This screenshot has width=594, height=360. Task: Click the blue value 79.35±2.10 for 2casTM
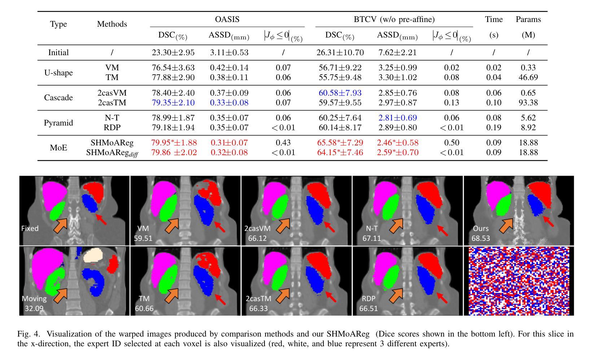pos(173,103)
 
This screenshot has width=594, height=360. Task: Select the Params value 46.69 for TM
pos(528,78)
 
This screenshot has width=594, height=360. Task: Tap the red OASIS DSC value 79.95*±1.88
pos(174,143)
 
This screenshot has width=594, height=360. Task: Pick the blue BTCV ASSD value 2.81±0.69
pos(397,118)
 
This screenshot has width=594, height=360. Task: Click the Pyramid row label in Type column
pos(58,123)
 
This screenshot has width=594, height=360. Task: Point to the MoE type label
pos(58,148)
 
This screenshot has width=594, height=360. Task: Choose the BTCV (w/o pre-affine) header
pos(394,19)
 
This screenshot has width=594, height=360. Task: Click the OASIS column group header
pos(227,19)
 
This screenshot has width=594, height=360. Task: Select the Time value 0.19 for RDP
pos(494,128)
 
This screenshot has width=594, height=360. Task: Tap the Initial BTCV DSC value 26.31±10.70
pos(340,53)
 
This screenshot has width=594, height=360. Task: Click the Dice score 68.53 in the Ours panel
pos(481,238)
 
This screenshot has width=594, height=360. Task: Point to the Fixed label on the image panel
pos(30,228)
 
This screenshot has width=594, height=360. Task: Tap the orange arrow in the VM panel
pos(172,226)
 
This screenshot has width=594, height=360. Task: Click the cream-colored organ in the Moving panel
pos(93,256)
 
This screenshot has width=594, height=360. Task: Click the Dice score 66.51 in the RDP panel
pos(369,308)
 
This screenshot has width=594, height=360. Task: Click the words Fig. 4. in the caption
pos(29,334)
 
